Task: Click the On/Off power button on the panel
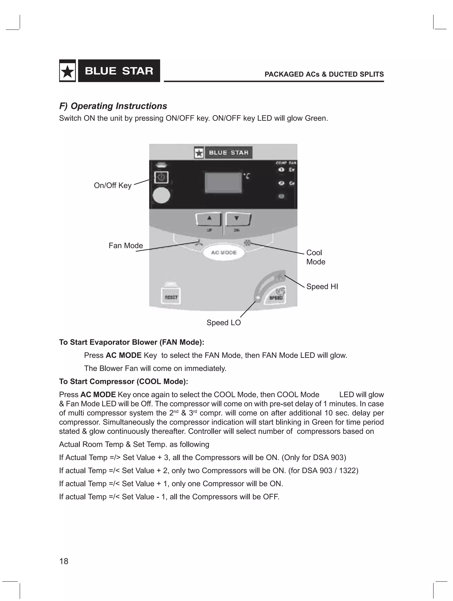point(161,178)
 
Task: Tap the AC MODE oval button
point(224,252)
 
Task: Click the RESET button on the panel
point(171,297)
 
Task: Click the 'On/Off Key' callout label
point(113,186)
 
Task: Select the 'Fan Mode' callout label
point(126,246)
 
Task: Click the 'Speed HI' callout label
point(322,287)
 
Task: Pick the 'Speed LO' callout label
point(223,323)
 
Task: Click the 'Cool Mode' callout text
point(315,257)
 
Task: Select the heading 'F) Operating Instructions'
point(113,106)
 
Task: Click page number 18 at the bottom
point(64,561)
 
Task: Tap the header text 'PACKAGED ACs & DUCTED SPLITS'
point(324,74)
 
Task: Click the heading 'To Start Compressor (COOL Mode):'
point(123,382)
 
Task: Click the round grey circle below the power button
point(161,195)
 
